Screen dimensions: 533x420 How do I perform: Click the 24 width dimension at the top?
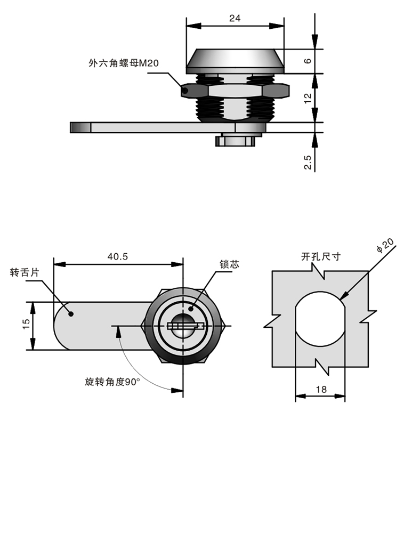coord(235,18)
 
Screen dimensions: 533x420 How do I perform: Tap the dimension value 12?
coord(308,98)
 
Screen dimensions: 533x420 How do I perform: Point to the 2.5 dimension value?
coord(308,159)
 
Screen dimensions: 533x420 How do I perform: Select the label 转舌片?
coord(25,272)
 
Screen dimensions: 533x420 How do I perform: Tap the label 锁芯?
coord(229,264)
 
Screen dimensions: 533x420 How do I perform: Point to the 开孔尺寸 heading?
coord(320,256)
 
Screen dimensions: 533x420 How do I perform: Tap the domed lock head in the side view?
coord(235,61)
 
